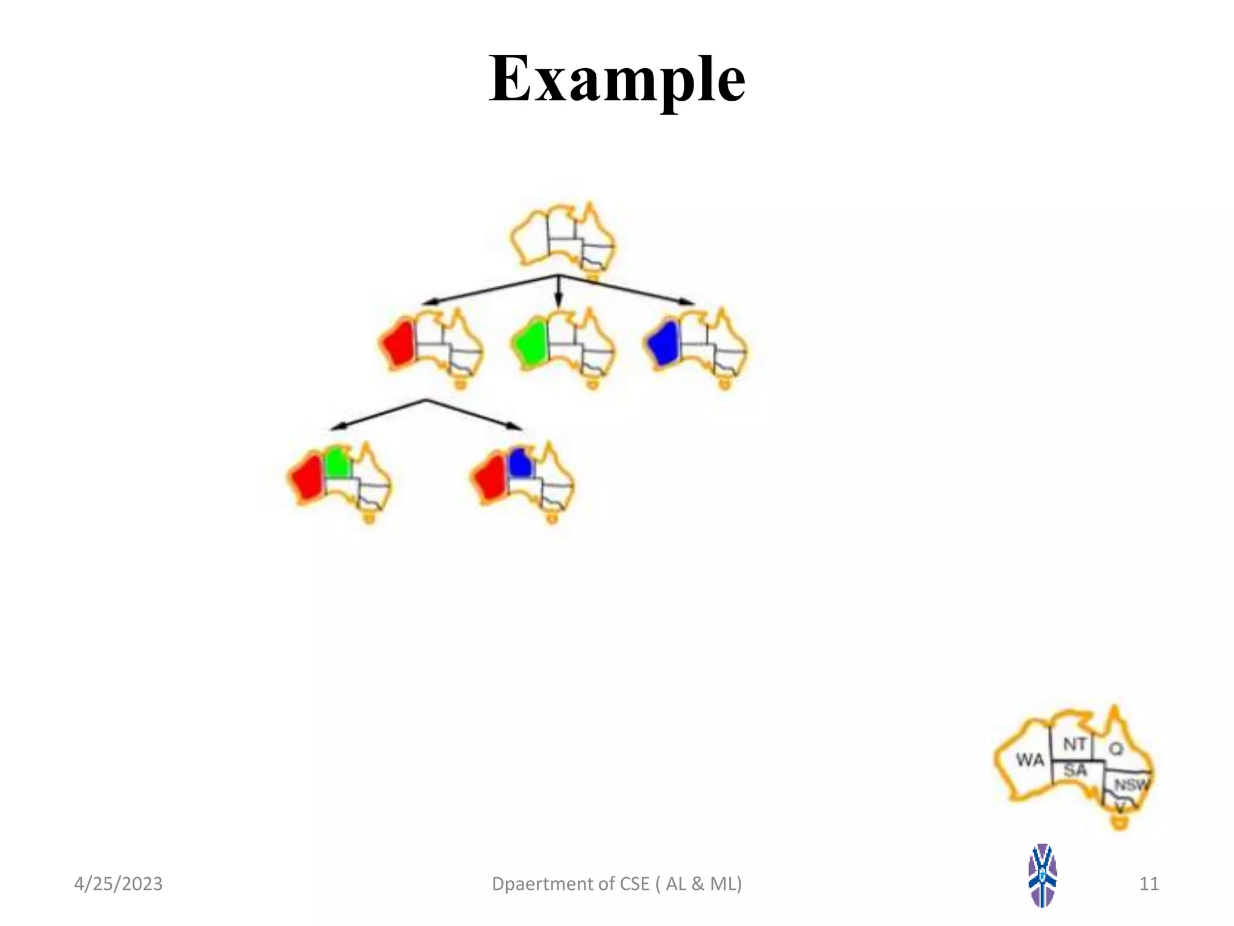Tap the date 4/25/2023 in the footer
(118, 884)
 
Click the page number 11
(1149, 884)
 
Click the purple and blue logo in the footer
(1042, 875)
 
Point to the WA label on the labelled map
(1030, 760)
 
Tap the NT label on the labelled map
(1074, 745)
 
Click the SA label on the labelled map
(1075, 770)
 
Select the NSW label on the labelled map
(1132, 785)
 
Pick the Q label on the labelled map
(1116, 749)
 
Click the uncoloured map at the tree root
(563, 239)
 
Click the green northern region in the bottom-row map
(337, 464)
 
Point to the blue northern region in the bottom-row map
(520, 464)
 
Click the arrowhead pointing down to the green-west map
(559, 304)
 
